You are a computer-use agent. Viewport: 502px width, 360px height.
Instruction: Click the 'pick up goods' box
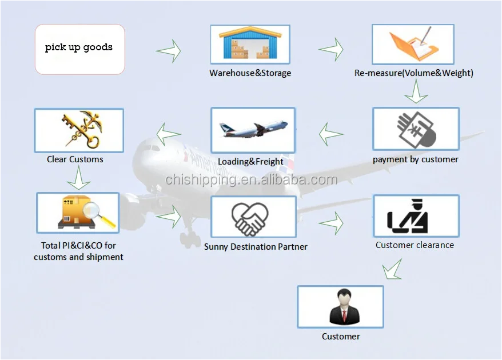[79, 49]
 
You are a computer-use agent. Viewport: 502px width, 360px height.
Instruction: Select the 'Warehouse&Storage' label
[250, 73]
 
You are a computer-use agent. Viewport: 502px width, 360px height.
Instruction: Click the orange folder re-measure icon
[413, 44]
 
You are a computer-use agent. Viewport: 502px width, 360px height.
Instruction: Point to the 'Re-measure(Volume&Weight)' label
[413, 73]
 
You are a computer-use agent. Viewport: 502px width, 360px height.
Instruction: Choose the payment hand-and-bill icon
[416, 129]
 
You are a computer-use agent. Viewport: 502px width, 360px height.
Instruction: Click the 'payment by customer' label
[416, 159]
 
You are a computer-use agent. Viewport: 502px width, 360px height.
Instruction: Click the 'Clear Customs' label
[75, 159]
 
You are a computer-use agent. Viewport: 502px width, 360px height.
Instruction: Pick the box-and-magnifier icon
[78, 213]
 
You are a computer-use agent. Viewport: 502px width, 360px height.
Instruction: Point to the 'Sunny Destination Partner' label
[256, 247]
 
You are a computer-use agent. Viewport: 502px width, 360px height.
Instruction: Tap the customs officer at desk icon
[416, 215]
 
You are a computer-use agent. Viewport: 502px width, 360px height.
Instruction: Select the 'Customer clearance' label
[415, 245]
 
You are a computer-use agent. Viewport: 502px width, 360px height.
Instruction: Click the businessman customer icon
[340, 307]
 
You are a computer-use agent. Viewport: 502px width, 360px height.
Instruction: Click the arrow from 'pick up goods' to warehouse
[169, 51]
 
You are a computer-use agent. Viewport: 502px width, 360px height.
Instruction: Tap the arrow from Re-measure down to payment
[416, 91]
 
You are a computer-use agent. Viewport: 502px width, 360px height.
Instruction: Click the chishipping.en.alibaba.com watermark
[251, 180]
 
